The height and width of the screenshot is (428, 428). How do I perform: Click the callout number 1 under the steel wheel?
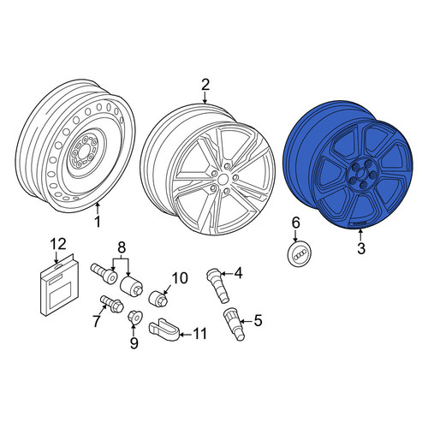(x=98, y=222)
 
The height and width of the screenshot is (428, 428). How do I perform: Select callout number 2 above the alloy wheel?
(x=205, y=85)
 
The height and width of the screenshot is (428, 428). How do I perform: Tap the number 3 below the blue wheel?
(x=361, y=248)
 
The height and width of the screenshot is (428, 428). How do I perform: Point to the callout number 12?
(x=59, y=244)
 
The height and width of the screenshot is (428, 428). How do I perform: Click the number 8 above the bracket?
(x=122, y=247)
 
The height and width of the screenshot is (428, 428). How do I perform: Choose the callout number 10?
(x=180, y=278)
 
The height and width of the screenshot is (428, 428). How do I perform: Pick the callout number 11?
(x=199, y=334)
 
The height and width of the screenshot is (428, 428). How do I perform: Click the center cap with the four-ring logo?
(x=300, y=253)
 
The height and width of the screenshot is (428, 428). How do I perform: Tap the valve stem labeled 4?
(x=217, y=284)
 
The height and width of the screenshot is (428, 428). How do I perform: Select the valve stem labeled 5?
(x=234, y=324)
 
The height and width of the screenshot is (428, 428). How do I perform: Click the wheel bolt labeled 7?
(x=111, y=304)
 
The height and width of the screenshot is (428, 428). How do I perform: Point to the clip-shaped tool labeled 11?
(x=163, y=330)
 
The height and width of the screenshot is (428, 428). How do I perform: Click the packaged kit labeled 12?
(x=60, y=284)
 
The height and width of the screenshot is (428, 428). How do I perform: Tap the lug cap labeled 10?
(x=158, y=298)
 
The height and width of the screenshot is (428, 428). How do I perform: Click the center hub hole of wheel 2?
(x=223, y=180)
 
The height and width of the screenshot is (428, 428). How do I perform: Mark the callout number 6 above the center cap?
(x=295, y=223)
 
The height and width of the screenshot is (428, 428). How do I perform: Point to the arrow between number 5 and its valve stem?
(x=247, y=321)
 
